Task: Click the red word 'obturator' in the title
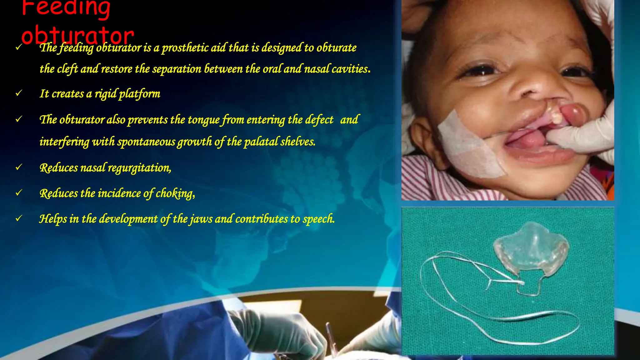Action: click(77, 35)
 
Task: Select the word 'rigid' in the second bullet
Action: click(105, 94)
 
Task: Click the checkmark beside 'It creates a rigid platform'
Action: click(19, 93)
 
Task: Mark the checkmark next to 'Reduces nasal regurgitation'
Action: click(19, 167)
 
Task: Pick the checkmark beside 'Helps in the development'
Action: click(19, 218)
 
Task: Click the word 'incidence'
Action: click(119, 193)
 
